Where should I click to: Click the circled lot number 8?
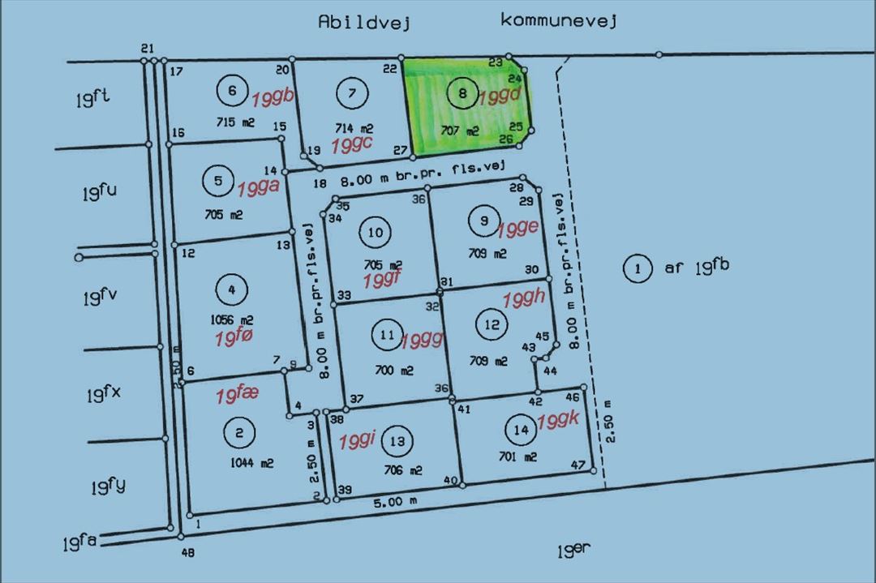click(462, 94)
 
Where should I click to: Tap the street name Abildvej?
click(364, 22)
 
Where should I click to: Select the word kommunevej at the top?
click(559, 19)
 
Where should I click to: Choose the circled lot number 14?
click(521, 429)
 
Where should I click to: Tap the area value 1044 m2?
click(251, 464)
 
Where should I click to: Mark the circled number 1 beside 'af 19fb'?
click(638, 268)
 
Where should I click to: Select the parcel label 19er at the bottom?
click(574, 552)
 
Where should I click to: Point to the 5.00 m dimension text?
click(394, 502)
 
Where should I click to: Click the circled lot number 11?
click(386, 334)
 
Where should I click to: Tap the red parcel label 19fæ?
click(237, 395)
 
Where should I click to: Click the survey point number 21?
click(147, 48)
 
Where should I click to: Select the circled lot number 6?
click(232, 90)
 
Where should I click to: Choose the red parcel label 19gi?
click(357, 441)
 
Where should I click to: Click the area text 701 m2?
click(519, 457)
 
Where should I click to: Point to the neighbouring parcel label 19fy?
click(107, 487)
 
